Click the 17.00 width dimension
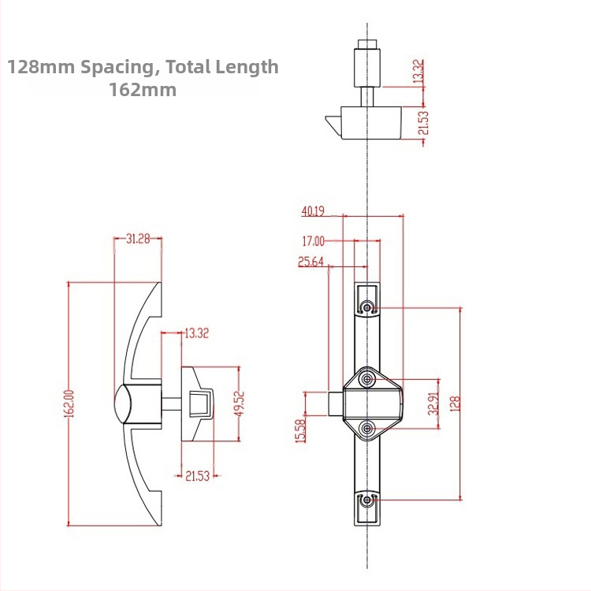313,241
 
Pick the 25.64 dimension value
311,262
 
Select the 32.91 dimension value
433,403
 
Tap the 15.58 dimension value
300,429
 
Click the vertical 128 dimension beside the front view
455,403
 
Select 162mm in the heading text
143,90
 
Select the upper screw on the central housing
368,381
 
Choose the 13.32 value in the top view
418,72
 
